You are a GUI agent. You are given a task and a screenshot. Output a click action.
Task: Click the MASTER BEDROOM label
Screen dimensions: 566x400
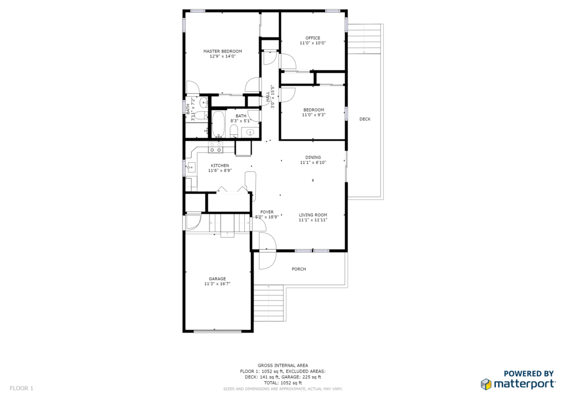(222, 51)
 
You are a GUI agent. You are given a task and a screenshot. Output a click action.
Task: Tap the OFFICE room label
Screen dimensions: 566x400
(313, 38)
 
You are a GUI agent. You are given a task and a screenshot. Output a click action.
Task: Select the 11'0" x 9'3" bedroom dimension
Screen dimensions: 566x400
(314, 115)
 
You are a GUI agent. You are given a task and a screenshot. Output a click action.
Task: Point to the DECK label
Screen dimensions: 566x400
(365, 119)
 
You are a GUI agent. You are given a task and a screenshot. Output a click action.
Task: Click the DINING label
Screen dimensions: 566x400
(313, 157)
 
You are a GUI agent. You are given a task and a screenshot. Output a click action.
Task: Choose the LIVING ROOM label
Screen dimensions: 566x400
(313, 215)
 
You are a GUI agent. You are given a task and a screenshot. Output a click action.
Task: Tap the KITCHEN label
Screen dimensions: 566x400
(220, 166)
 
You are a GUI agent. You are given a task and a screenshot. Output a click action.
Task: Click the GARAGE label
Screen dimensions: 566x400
(217, 279)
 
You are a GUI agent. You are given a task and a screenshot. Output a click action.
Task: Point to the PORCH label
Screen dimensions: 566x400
(299, 269)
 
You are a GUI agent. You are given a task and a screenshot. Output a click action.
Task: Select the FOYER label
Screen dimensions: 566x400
(267, 212)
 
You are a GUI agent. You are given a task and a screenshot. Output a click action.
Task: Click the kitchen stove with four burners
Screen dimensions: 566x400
(216, 147)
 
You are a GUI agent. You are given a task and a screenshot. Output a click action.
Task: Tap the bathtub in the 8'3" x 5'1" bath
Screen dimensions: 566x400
(218, 124)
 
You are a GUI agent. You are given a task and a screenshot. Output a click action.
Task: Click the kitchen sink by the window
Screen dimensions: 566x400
(191, 167)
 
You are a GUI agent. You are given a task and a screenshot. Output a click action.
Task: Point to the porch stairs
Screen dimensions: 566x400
(269, 303)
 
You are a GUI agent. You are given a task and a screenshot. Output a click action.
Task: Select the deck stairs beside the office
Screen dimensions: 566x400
(364, 39)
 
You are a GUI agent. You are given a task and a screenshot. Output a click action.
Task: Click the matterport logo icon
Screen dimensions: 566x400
(486, 384)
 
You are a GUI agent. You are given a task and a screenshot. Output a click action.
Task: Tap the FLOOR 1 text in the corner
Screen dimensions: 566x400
(22, 388)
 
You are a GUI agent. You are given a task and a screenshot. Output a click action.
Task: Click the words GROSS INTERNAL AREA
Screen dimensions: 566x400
(283, 365)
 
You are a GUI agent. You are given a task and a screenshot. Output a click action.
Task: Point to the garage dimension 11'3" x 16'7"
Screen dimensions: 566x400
(217, 284)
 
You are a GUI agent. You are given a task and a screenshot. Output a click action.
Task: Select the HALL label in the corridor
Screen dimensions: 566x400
(268, 97)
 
